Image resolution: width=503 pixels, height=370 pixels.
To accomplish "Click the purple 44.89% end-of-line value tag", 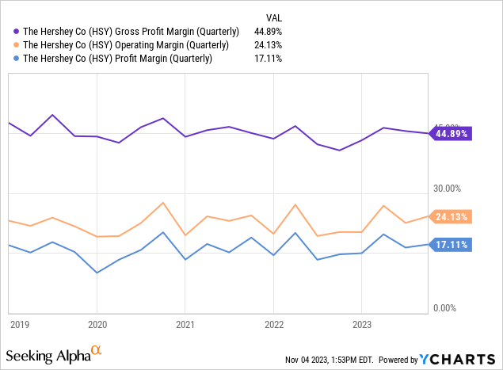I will pos(452,134).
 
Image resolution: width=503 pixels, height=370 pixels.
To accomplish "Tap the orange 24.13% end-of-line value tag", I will pos(452,216).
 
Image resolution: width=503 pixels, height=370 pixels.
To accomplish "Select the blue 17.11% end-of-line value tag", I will pos(452,245).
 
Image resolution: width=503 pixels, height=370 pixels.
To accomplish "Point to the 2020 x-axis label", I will pos(97,324).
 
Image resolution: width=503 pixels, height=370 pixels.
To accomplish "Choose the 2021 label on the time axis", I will pos(185,324).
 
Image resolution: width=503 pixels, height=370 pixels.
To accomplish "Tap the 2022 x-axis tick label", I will pos(273,324).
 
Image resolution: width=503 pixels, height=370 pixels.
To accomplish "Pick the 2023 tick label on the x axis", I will pos(361,324).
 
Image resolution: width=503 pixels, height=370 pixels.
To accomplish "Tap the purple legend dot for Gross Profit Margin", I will pos(17,31).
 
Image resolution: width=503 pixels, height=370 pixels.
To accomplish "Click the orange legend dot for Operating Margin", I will pos(17,44).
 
